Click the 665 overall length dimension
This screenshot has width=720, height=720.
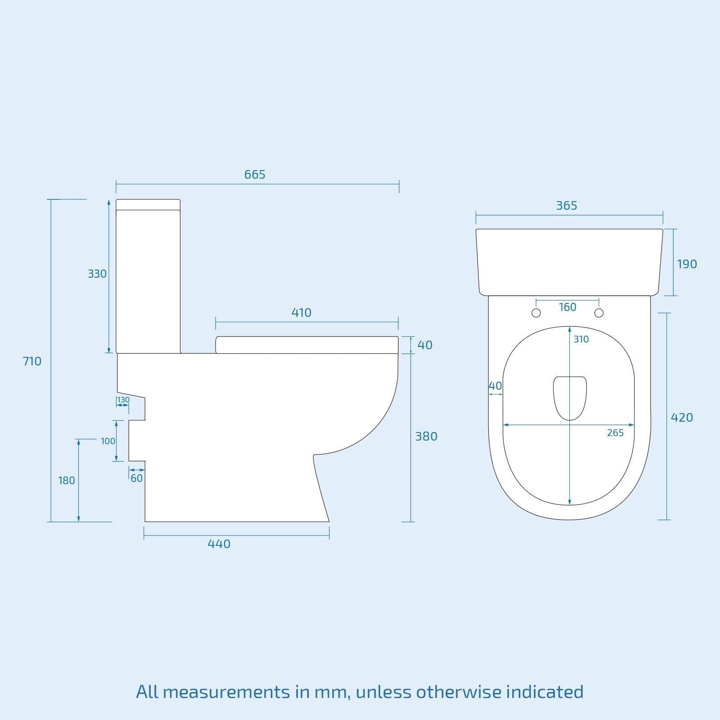pos(255,175)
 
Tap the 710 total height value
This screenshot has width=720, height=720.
pos(32,361)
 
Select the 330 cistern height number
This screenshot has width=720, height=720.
pos(97,274)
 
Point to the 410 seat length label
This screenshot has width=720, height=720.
pos(301,313)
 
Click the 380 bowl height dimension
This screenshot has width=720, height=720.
pos(426,436)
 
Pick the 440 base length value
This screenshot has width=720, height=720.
pos(219,544)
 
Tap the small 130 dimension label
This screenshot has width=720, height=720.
pos(123,400)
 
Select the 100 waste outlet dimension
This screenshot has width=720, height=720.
pos(108,441)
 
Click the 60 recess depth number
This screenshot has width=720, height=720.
pos(136,479)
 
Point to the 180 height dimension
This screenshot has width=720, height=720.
pos(67,481)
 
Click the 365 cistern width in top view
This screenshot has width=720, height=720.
pos(566,206)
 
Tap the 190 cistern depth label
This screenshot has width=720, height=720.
pos(687,264)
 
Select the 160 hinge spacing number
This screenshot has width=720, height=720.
pos(567,307)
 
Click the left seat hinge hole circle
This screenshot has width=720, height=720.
pos(536,313)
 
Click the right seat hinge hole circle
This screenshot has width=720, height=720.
pos(598,313)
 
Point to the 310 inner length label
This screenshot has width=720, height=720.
pos(581,340)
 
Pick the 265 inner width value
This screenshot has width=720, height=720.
pos(615,433)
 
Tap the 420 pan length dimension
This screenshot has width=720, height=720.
pos(682,418)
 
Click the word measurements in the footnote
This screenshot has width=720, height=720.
pos(226,692)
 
